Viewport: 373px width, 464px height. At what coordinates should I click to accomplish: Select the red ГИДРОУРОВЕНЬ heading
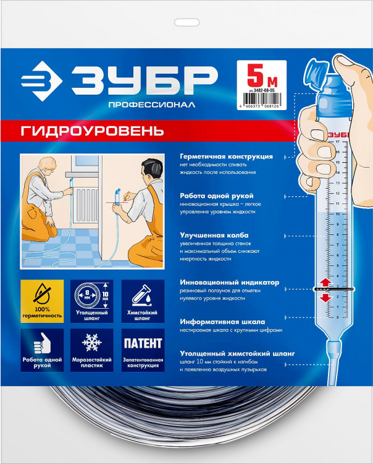pos(93,131)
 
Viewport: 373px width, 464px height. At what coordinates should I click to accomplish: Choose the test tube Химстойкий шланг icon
pos(143,295)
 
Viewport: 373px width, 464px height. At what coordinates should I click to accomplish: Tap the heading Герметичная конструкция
pos(226,157)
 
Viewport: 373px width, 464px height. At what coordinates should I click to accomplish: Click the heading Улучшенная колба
pos(214,236)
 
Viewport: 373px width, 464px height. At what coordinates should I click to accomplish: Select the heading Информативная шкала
pos(222,322)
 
